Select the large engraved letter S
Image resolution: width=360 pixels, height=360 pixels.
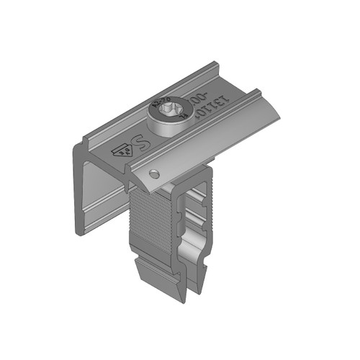tap(142, 137)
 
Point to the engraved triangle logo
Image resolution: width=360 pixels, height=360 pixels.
tap(120, 149)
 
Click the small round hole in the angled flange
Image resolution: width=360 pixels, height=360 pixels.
tap(153, 174)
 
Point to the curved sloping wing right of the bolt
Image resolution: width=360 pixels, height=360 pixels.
tap(216, 130)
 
